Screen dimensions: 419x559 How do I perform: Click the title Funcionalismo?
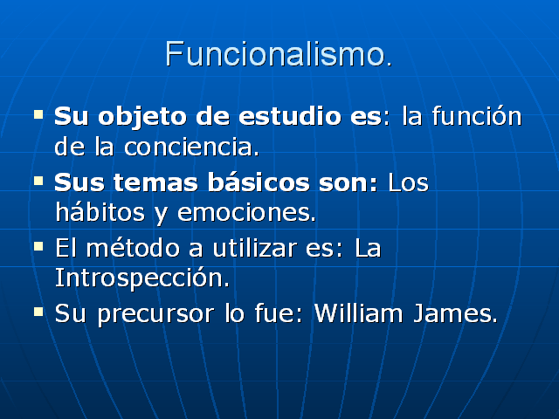pos(278,54)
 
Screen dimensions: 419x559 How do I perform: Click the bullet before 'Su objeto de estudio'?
pos(38,113)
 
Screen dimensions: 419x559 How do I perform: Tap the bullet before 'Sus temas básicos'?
pos(38,180)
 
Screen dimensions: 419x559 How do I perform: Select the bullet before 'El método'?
pos(38,246)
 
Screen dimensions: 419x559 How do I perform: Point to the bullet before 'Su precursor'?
pos(38,310)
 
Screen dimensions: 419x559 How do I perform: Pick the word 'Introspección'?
pos(141,279)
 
